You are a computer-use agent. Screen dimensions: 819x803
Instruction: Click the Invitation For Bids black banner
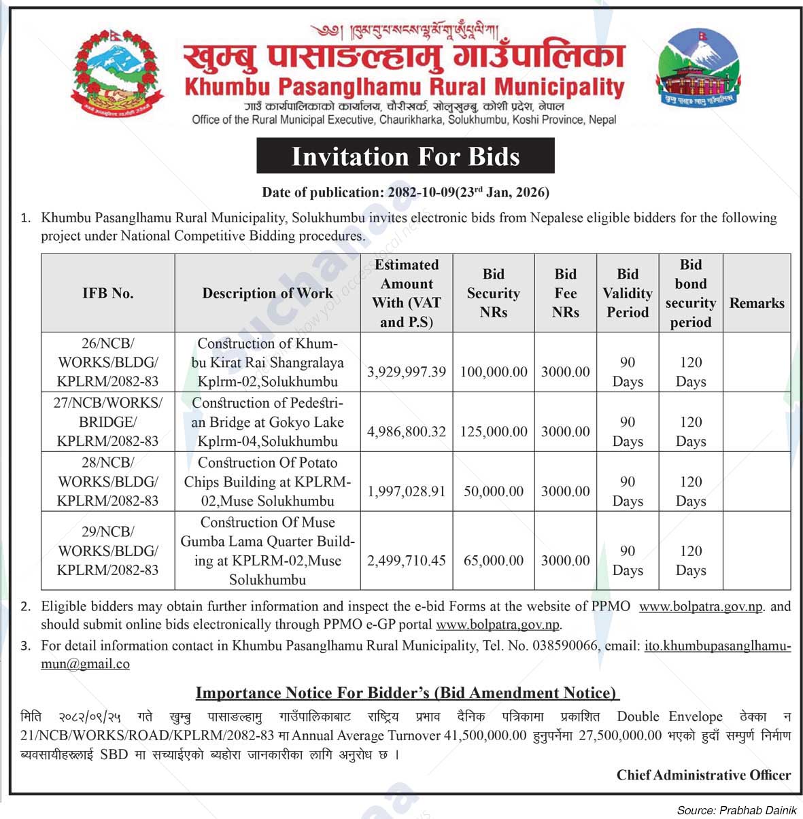pyautogui.click(x=405, y=156)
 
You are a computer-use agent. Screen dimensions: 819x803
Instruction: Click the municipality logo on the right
pyautogui.click(x=698, y=69)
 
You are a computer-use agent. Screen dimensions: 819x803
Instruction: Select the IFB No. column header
pyautogui.click(x=107, y=294)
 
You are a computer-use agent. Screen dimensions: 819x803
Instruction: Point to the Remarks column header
pyautogui.click(x=756, y=303)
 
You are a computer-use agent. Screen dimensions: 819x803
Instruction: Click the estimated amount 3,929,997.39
pyautogui.click(x=407, y=372)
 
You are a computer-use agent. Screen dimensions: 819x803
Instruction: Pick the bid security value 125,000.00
pyautogui.click(x=494, y=432)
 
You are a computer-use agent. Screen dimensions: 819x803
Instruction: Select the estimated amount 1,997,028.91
pyautogui.click(x=407, y=491)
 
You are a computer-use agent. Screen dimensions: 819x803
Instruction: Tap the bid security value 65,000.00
pyautogui.click(x=494, y=561)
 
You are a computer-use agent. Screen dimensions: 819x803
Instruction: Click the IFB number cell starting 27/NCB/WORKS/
pyautogui.click(x=107, y=422)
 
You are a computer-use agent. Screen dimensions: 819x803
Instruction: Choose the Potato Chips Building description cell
pyautogui.click(x=267, y=482)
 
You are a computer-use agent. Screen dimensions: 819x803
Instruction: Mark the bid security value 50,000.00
pyautogui.click(x=494, y=491)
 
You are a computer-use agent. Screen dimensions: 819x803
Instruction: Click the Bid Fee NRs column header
pyautogui.click(x=565, y=294)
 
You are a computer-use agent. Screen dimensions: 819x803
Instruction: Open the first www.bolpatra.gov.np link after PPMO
pyautogui.click(x=701, y=606)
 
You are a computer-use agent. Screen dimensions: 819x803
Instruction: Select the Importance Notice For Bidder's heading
pyautogui.click(x=407, y=693)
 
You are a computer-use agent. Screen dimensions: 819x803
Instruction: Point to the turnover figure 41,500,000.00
pyautogui.click(x=485, y=735)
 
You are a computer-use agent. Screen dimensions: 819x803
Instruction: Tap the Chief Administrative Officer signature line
pyautogui.click(x=703, y=775)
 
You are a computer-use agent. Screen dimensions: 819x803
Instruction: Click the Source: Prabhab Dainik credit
pyautogui.click(x=736, y=810)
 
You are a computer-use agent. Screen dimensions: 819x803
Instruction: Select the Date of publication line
pyautogui.click(x=405, y=192)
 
